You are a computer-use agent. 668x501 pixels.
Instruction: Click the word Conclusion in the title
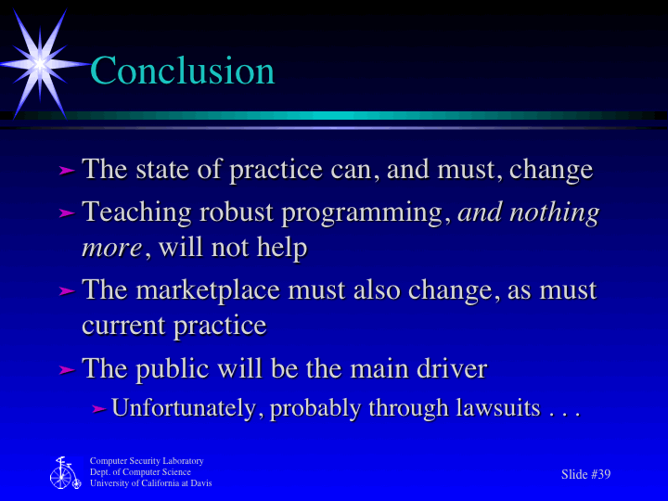[x=183, y=71]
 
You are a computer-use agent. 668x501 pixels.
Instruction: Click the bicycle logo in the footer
[x=63, y=473]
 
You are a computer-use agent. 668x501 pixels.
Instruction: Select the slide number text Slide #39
[x=585, y=474]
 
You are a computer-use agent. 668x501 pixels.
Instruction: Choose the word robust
[x=238, y=212]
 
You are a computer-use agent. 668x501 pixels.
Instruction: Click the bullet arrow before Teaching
[x=66, y=213]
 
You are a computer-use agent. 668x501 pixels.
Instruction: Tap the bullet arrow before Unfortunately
[x=98, y=409]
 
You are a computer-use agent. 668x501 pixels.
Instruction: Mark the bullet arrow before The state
[x=66, y=171]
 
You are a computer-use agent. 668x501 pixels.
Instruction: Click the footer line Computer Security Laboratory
[x=146, y=461]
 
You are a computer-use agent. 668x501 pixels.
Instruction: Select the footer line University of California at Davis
[x=150, y=483]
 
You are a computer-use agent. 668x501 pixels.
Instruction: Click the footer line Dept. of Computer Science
[x=140, y=472]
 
